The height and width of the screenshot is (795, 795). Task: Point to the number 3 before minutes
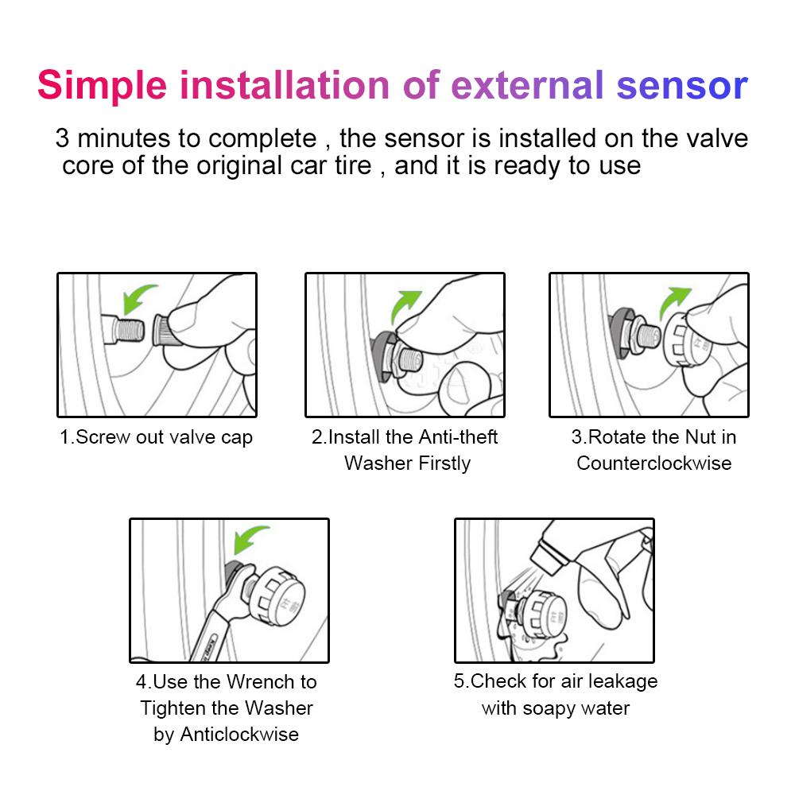click(62, 138)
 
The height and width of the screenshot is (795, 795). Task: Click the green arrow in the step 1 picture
click(139, 300)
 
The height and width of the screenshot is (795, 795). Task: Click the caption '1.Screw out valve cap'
click(157, 437)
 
